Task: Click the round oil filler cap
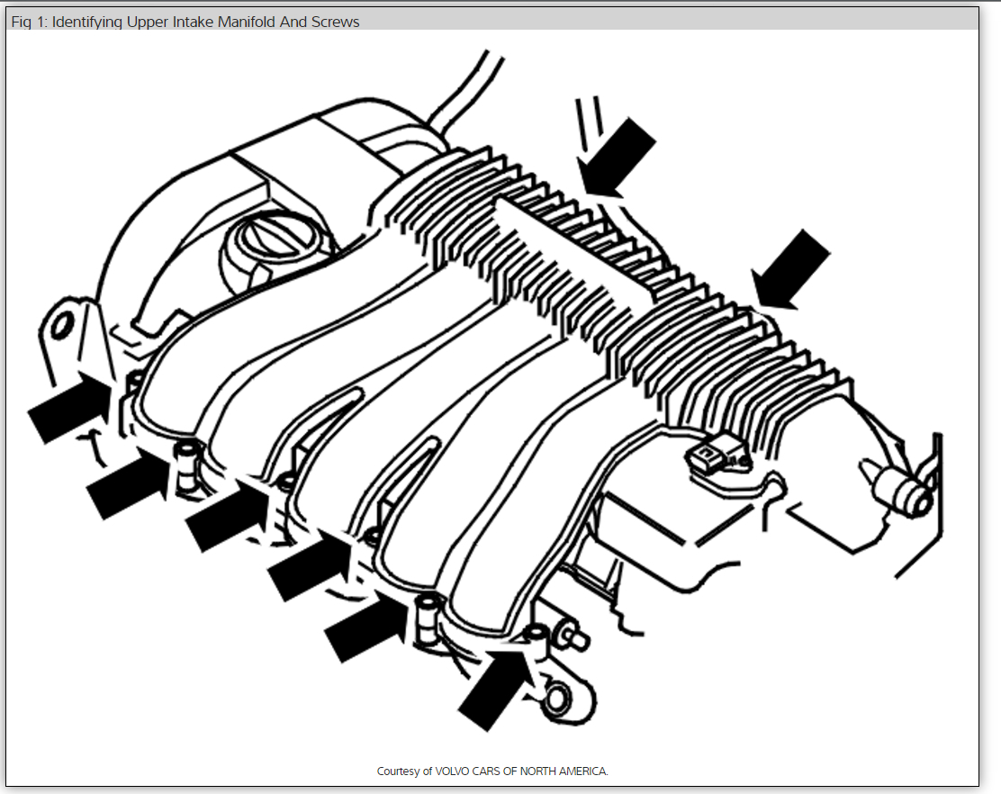tap(266, 236)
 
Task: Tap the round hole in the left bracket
tap(61, 324)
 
